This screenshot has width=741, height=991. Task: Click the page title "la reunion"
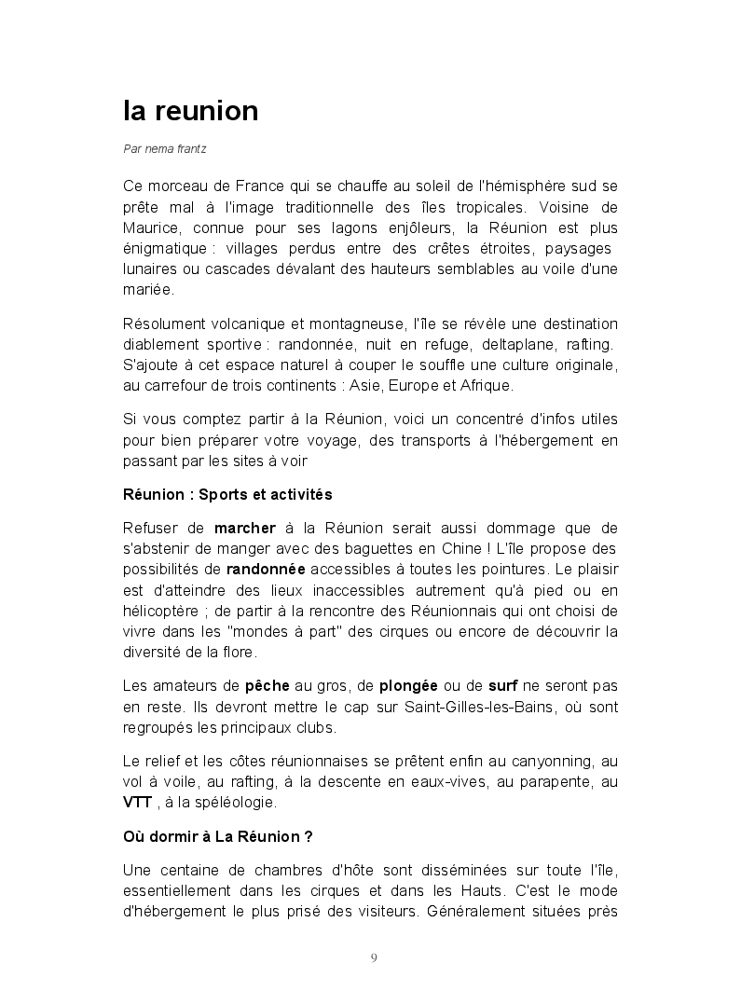click(190, 111)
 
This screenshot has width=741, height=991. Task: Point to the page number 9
click(374, 957)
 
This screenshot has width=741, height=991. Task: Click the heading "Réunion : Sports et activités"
click(227, 493)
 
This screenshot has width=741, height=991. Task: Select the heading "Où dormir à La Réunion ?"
click(218, 836)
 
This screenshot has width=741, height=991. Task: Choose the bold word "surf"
click(503, 686)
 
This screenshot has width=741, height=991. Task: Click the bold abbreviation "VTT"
click(137, 803)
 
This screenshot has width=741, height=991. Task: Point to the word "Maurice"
click(151, 228)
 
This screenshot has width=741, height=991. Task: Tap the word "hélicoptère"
click(164, 611)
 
